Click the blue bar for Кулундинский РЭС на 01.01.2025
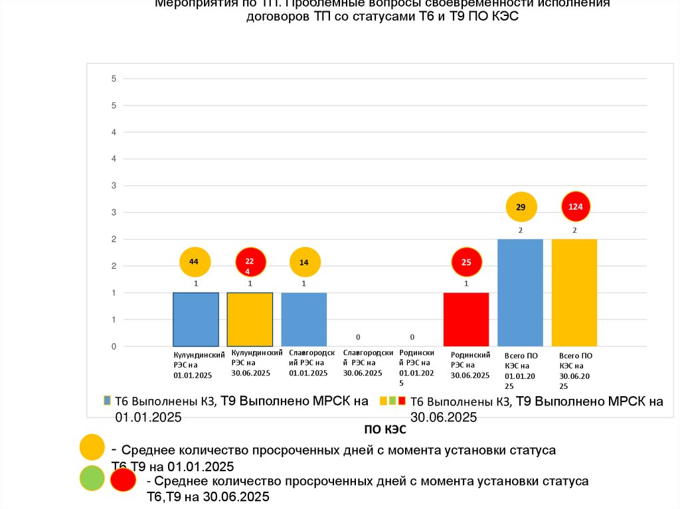[x=196, y=319]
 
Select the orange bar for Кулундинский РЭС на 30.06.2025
[x=250, y=319]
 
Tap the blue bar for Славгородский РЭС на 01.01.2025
[x=304, y=319]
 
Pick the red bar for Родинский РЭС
[x=466, y=319]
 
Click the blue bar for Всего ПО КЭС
[x=520, y=292]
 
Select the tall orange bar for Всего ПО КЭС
[x=574, y=292]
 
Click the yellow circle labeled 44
[x=194, y=262]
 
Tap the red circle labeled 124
[x=576, y=207]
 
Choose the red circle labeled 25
[x=467, y=263]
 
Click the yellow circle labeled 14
[x=304, y=263]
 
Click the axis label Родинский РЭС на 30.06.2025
[x=470, y=365]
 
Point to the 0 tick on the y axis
[x=114, y=346]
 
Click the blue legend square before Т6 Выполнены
[x=107, y=401]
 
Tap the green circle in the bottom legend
[x=92, y=479]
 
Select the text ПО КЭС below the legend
[x=384, y=430]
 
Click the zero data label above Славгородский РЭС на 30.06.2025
[x=358, y=337]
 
